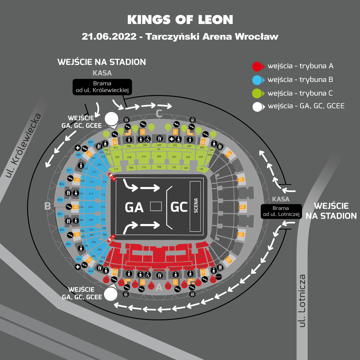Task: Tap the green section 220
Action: [159, 156]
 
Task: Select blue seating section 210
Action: [90, 207]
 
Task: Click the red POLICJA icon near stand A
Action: [219, 277]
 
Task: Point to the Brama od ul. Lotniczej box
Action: [281, 211]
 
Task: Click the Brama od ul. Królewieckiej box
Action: [102, 87]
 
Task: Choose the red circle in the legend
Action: [257, 66]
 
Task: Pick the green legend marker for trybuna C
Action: [257, 93]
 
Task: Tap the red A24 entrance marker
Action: [151, 286]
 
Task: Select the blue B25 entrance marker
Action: [60, 200]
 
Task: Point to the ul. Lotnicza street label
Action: [302, 300]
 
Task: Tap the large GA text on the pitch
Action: [134, 207]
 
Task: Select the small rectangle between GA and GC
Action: [156, 207]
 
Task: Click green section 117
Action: [116, 169]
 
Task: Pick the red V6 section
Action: [159, 265]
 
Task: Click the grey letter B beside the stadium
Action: [48, 206]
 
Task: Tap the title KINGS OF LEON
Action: [180, 20]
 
